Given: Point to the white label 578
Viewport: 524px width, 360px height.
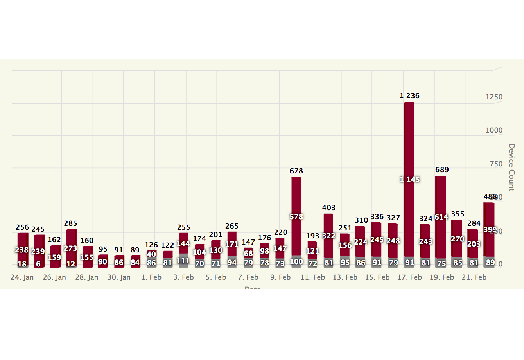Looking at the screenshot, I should pyautogui.click(x=296, y=216).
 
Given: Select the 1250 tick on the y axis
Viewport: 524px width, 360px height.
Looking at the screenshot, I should pyautogui.click(x=494, y=97).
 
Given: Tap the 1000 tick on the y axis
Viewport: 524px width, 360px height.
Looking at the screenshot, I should pyautogui.click(x=494, y=130).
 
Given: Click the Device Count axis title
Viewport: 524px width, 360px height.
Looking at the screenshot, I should pyautogui.click(x=511, y=167).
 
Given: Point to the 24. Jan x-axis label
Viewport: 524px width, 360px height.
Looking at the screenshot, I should pyautogui.click(x=22, y=277).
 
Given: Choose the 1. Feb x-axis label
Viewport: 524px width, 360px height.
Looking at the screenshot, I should pyautogui.click(x=151, y=277).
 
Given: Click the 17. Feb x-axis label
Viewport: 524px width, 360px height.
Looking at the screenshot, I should pyautogui.click(x=410, y=277).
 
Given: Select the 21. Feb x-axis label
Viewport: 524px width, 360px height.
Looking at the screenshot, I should pyautogui.click(x=474, y=277).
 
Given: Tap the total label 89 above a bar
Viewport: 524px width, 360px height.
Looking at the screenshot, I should pyautogui.click(x=135, y=250).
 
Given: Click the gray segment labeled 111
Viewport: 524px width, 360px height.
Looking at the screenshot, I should pyautogui.click(x=183, y=260).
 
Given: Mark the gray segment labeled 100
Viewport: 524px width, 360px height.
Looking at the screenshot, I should pyautogui.click(x=296, y=261).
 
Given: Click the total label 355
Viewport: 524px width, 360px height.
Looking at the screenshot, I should pyautogui.click(x=458, y=214).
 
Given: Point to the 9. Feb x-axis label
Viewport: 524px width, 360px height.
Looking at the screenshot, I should pyautogui.click(x=280, y=277).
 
